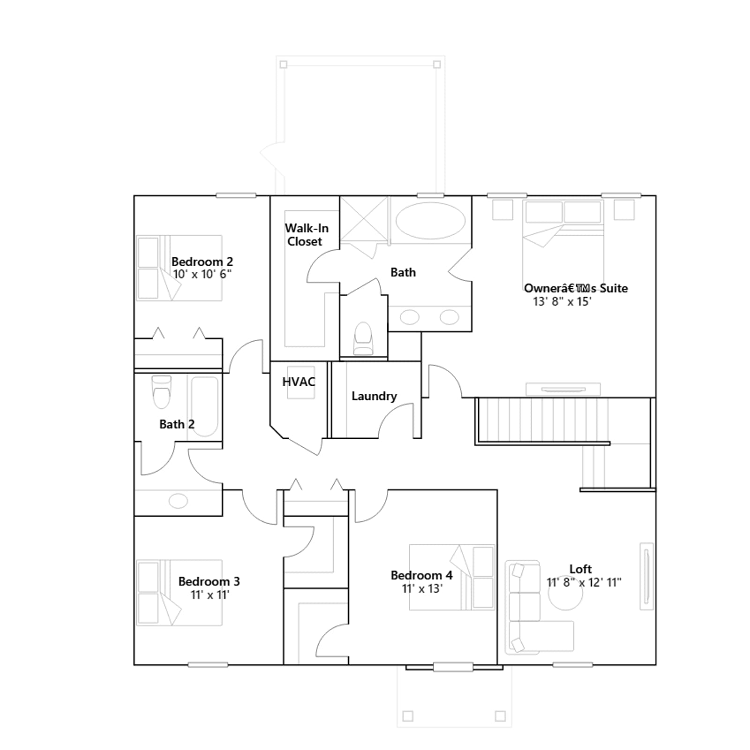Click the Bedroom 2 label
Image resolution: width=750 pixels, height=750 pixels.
point(202,262)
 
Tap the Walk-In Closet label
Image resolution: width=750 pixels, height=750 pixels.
point(307,235)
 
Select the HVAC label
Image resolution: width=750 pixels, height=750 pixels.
point(299,382)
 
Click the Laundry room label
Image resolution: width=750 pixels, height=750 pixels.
point(374,397)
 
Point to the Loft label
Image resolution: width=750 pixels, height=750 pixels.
point(580,569)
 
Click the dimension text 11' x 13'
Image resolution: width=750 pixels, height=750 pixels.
point(422,589)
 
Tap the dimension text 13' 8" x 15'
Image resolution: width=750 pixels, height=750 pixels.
point(562,301)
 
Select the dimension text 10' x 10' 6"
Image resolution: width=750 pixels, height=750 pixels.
point(202,274)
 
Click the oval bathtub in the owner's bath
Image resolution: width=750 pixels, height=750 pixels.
point(430,220)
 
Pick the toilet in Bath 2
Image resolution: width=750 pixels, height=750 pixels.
point(162,392)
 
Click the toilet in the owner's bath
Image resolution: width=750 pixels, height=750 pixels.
point(363,338)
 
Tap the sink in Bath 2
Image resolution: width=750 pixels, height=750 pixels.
point(178,501)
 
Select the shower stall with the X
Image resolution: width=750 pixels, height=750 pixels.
point(364,220)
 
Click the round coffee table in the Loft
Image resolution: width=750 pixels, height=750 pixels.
point(566,593)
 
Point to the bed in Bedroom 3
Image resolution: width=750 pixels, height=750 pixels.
point(179,592)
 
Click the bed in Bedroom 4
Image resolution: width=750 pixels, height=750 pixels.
point(452,577)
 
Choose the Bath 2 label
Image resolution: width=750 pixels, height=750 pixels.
point(177,424)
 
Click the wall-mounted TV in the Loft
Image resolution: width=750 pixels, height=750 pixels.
point(646,577)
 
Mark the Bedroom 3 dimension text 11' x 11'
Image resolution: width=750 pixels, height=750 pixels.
point(210,595)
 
